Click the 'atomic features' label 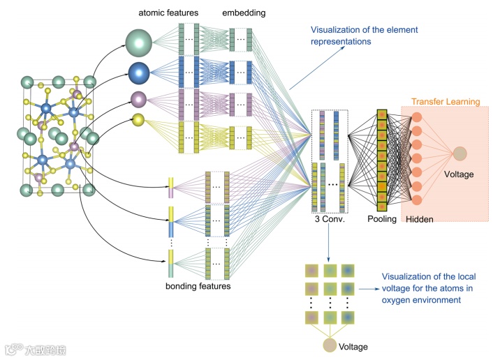pyautogui.click(x=168, y=13)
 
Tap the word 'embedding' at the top pyautogui.click(x=244, y=13)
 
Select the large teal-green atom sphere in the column pyautogui.click(x=139, y=43)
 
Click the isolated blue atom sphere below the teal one pyautogui.click(x=139, y=73)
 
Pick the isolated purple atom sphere pyautogui.click(x=139, y=99)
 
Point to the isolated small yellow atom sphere pyautogui.click(x=138, y=120)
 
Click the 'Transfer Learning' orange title pyautogui.click(x=446, y=102)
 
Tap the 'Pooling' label pyautogui.click(x=382, y=219)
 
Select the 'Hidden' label pyautogui.click(x=419, y=219)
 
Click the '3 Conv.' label pyautogui.click(x=330, y=219)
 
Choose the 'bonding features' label pyautogui.click(x=198, y=286)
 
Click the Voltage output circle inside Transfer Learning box pyautogui.click(x=459, y=153)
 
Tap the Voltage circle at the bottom pyautogui.click(x=330, y=345)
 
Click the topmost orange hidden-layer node pyautogui.click(x=417, y=117)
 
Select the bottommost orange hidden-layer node pyautogui.click(x=417, y=200)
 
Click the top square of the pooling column pyautogui.click(x=382, y=114)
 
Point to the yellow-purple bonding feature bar pyautogui.click(x=171, y=188)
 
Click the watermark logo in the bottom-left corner pyautogui.click(x=15, y=349)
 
